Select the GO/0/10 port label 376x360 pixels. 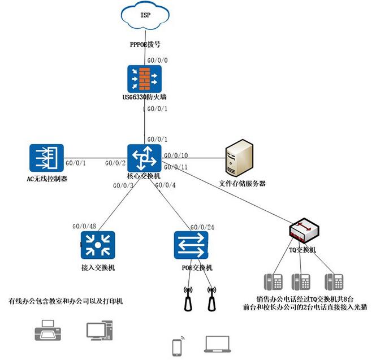pos(176,155)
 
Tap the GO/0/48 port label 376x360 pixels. pos(85,225)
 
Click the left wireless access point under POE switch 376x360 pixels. pos(189,299)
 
